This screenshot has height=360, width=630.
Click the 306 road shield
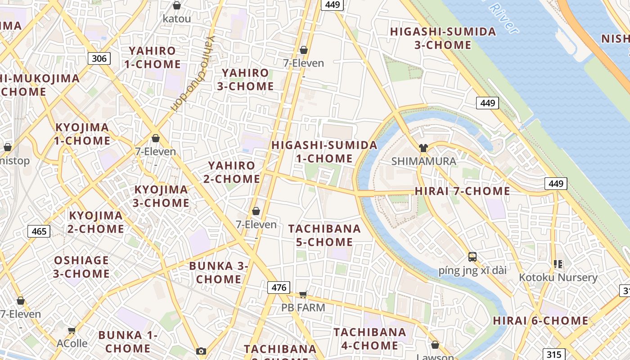(99, 58)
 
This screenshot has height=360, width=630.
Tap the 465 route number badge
(39, 231)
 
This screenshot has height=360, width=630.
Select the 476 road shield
(279, 288)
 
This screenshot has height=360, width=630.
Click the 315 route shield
(553, 354)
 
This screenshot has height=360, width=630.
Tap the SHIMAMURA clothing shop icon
(423, 148)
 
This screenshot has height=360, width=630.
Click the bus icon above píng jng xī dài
(472, 257)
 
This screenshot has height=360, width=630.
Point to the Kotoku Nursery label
(558, 277)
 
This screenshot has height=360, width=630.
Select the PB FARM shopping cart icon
(303, 295)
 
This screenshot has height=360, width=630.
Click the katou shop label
(177, 19)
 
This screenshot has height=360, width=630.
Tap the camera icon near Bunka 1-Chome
(201, 351)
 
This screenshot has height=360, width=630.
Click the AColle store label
(72, 343)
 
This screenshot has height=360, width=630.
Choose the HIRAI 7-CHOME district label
(462, 191)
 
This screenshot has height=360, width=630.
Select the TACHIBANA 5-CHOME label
(324, 235)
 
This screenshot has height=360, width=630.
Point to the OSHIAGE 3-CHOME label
(81, 267)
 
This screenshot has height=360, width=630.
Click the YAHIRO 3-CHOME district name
(246, 79)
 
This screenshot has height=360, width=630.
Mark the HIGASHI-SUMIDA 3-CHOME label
(443, 38)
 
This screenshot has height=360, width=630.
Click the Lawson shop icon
(435, 345)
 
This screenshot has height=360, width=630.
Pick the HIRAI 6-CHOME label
(540, 321)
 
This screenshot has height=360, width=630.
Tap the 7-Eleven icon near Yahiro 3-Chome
(304, 50)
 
